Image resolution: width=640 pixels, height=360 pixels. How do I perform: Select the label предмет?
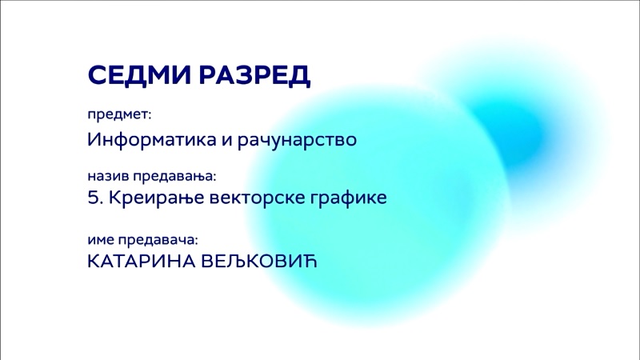[119, 114]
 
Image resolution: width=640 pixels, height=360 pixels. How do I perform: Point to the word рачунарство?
[297, 141]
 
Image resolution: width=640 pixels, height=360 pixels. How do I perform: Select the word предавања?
[174, 176]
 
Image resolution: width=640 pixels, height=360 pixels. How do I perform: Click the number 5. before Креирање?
[95, 198]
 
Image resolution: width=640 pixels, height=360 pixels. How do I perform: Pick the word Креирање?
[156, 198]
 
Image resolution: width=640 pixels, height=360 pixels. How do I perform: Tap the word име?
[101, 240]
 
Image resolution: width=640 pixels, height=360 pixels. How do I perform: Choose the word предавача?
[158, 240]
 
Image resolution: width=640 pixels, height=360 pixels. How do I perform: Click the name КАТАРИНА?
[142, 262]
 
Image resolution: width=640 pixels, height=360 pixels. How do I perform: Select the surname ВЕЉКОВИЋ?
[259, 262]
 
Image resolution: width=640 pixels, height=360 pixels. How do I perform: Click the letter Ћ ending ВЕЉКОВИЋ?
[310, 262]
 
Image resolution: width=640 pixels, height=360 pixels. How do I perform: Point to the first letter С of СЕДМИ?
[98, 75]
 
